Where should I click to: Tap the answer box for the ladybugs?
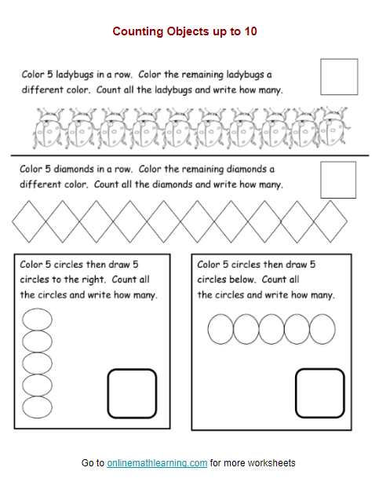tap(338, 76)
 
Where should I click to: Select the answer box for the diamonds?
tap(338, 179)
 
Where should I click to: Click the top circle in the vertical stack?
tap(37, 320)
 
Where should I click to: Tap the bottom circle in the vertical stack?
tap(37, 407)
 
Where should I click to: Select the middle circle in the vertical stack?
tap(37, 363)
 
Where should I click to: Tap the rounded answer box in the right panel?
tap(319, 393)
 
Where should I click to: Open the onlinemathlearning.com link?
tap(157, 463)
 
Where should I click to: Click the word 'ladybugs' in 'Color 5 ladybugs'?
tap(82, 75)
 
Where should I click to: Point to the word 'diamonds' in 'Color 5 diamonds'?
tap(82, 170)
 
